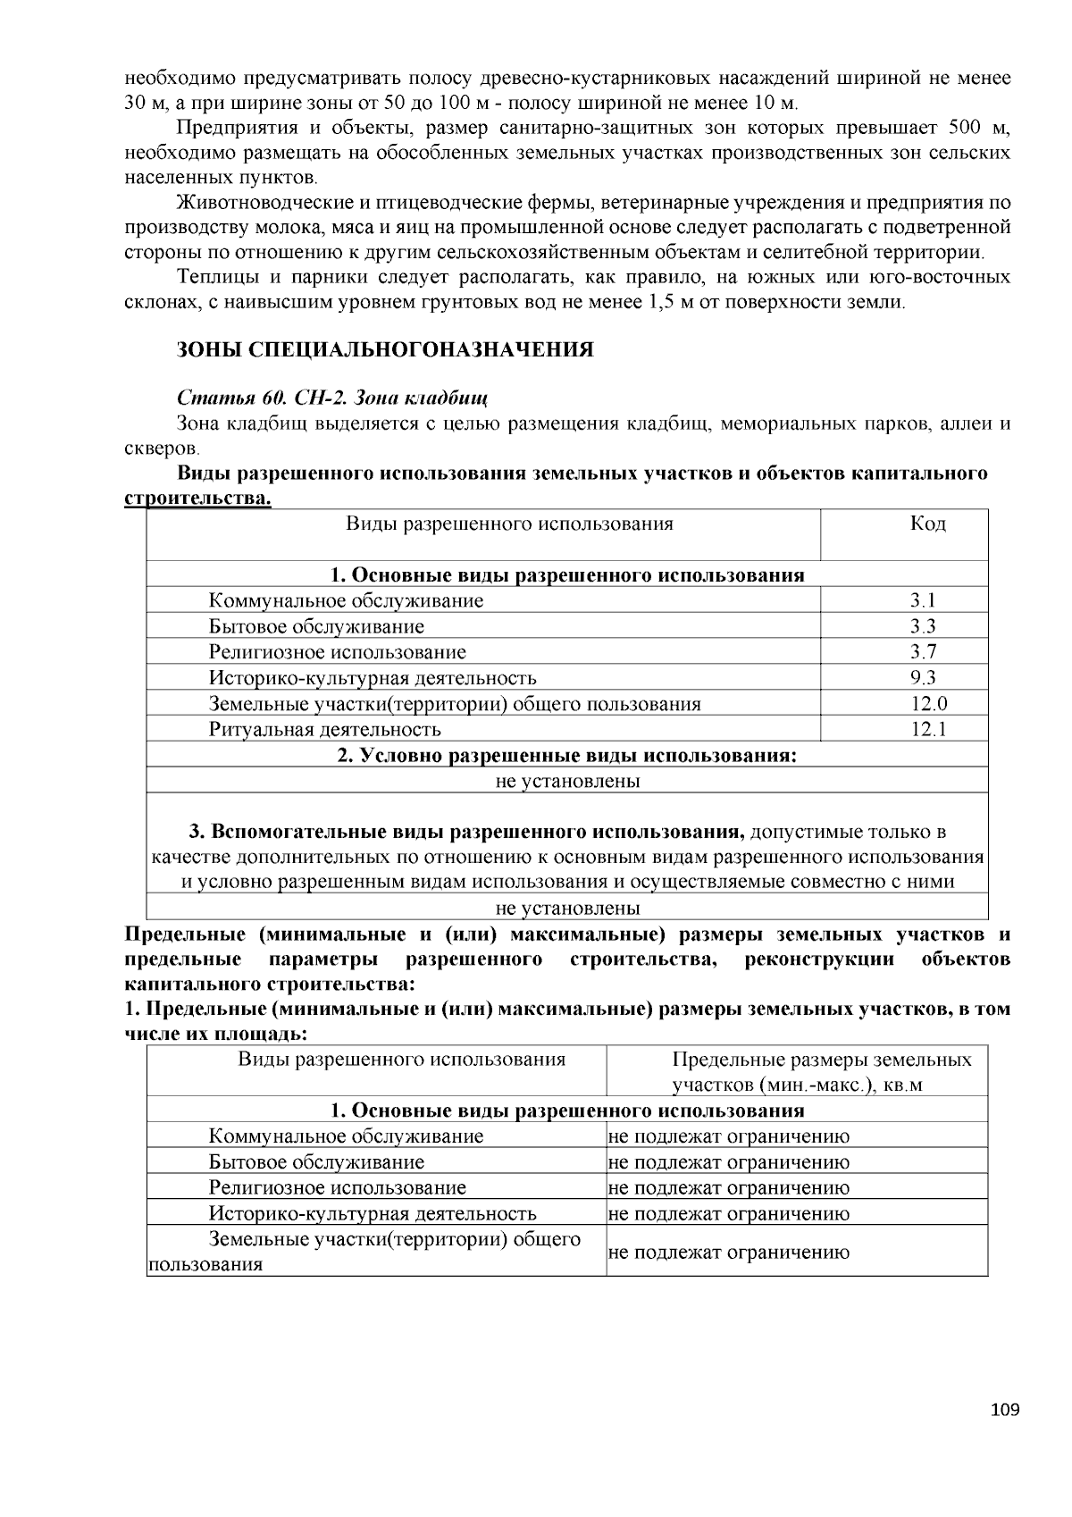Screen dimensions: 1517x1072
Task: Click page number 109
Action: (x=1004, y=1411)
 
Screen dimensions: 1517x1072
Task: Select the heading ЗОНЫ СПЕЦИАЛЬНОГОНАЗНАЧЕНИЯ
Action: (x=385, y=349)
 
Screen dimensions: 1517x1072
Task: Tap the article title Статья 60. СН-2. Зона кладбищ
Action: (x=332, y=396)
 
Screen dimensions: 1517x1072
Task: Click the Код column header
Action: (x=927, y=524)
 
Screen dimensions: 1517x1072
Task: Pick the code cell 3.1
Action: (x=923, y=600)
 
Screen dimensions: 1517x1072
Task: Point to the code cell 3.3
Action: (x=923, y=626)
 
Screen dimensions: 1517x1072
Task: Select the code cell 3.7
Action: (x=923, y=652)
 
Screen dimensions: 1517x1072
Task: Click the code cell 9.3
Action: (x=923, y=678)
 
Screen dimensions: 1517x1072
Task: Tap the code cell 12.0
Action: (x=928, y=704)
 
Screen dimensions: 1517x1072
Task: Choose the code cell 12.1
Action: (x=928, y=730)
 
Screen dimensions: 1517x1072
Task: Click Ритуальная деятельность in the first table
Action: (x=324, y=730)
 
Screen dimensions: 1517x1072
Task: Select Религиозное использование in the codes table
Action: (x=337, y=652)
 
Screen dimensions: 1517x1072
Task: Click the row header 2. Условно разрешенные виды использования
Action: (x=566, y=756)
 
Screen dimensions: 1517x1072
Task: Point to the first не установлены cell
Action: (x=567, y=782)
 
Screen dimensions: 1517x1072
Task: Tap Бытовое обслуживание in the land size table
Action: (x=316, y=1162)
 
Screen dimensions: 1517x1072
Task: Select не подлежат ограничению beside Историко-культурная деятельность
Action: (x=728, y=1213)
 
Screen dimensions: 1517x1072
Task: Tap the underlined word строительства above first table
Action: (x=197, y=498)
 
